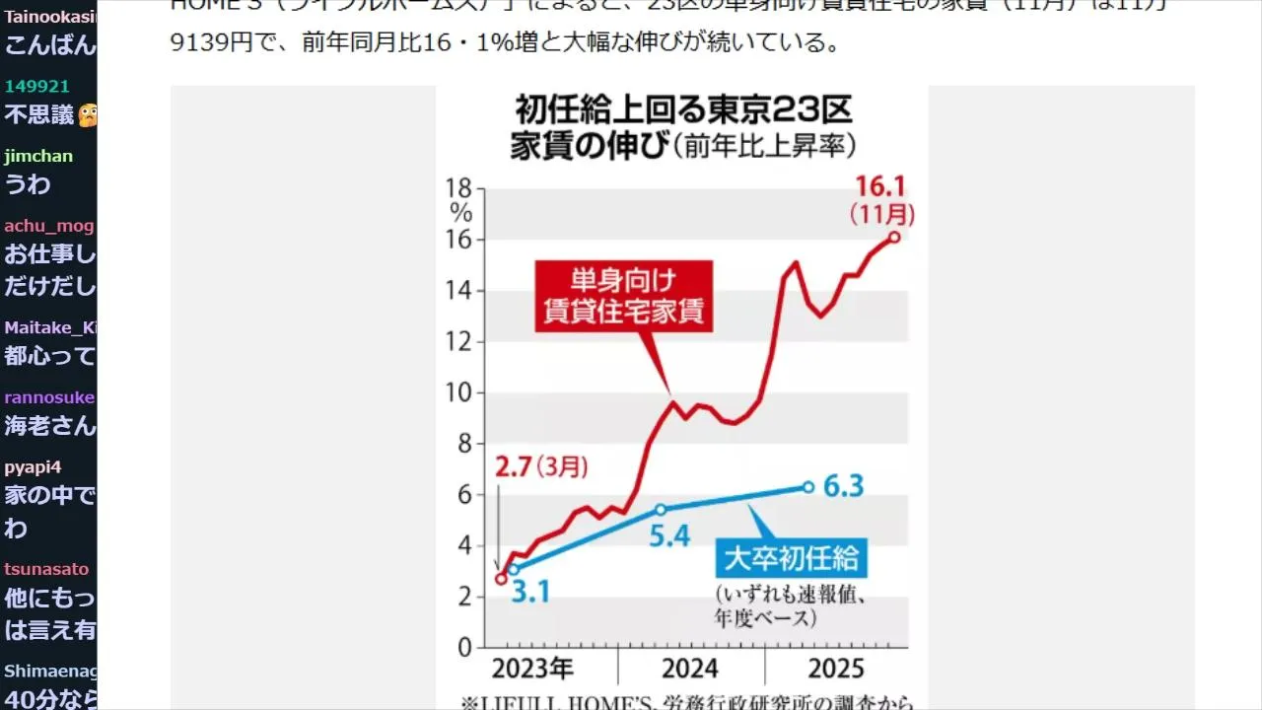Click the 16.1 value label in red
(x=880, y=185)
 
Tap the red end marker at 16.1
(x=894, y=237)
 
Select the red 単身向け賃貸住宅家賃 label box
(x=623, y=295)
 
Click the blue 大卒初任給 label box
(x=791, y=559)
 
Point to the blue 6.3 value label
(x=843, y=486)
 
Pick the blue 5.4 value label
(x=668, y=536)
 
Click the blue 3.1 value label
(x=530, y=593)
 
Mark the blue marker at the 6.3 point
(x=808, y=487)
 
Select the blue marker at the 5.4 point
(x=661, y=510)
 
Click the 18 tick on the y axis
(x=460, y=188)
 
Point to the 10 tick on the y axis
(x=460, y=393)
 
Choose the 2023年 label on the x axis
(x=532, y=670)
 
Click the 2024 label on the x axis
(x=690, y=670)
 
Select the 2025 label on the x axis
(x=836, y=670)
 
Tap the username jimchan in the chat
(x=38, y=156)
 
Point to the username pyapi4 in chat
(x=33, y=467)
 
